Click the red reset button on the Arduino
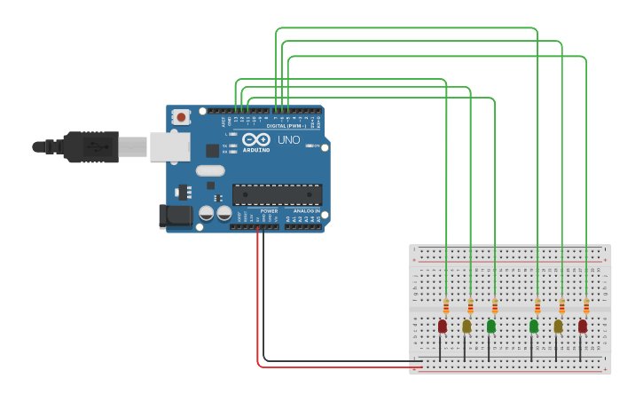[181, 116]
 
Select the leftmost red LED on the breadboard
[443, 326]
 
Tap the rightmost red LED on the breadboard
[583, 326]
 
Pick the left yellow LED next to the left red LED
[467, 326]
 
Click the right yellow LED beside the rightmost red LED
[558, 326]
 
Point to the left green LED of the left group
[491, 326]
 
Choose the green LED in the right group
[534, 326]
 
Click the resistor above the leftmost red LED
[446, 307]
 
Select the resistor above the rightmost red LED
[586, 307]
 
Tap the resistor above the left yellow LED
[470, 307]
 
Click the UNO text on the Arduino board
[288, 140]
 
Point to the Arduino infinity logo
[256, 139]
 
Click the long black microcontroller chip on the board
[277, 194]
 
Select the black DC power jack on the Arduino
[175, 215]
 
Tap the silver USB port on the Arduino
[169, 146]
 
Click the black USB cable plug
[89, 146]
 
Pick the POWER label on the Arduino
[269, 211]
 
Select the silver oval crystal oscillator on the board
[210, 170]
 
